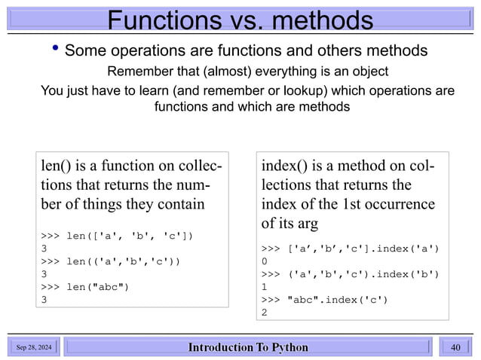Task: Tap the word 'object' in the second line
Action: click(367, 72)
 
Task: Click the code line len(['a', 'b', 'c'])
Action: click(118, 236)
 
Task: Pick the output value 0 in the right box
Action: click(265, 261)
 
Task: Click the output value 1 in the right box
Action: click(265, 286)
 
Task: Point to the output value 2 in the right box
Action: click(265, 312)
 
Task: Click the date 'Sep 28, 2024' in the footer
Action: click(35, 347)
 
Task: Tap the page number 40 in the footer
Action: click(455, 347)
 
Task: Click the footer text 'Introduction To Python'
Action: click(248, 347)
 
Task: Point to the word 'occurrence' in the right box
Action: click(397, 203)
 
